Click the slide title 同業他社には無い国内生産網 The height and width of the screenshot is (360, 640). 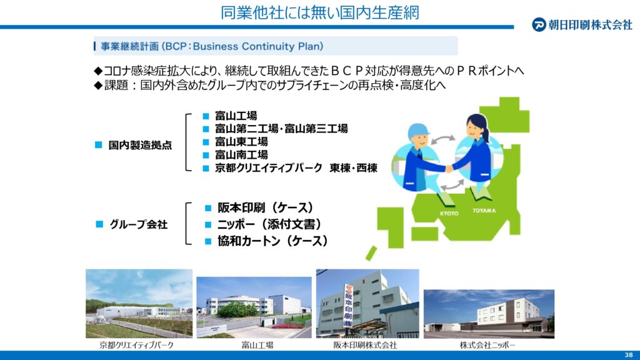[x=319, y=12]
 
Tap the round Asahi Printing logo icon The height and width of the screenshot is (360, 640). [x=539, y=25]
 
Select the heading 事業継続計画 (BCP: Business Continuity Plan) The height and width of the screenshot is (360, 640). [x=212, y=46]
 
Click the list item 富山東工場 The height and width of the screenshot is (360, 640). [x=241, y=142]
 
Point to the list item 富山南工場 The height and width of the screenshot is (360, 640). [x=241, y=155]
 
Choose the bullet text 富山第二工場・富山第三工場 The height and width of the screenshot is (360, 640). [x=281, y=129]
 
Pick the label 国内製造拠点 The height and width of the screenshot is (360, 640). [x=140, y=145]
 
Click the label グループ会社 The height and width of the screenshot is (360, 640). [x=138, y=224]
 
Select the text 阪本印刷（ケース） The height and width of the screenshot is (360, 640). [x=265, y=207]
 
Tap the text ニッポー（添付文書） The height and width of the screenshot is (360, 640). [x=269, y=224]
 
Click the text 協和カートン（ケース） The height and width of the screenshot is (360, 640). [x=272, y=241]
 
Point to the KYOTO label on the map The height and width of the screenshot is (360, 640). [x=449, y=214]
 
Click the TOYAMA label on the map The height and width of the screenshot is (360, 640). [x=484, y=211]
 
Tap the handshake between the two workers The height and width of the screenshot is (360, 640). [x=449, y=168]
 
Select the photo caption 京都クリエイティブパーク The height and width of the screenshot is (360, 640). [x=137, y=345]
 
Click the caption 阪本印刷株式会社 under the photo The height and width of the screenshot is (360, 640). [x=365, y=345]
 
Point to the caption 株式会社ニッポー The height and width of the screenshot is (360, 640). [x=487, y=345]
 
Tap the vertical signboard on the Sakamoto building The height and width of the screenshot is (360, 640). [x=347, y=306]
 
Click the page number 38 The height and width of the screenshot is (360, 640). [x=629, y=355]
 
